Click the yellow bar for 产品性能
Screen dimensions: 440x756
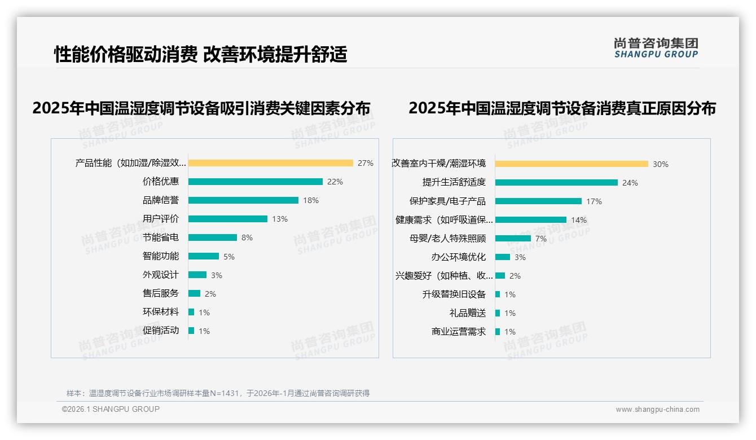(x=270, y=163)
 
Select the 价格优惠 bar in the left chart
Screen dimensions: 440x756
(x=255, y=182)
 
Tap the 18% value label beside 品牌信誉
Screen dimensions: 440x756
(x=311, y=200)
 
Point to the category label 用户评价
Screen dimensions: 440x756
(x=161, y=219)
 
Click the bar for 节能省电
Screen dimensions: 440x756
(x=212, y=237)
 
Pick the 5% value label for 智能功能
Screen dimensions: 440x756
(x=229, y=257)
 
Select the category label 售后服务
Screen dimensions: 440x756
(x=161, y=293)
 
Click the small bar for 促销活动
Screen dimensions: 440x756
(x=191, y=331)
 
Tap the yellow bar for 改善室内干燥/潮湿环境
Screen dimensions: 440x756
(x=572, y=164)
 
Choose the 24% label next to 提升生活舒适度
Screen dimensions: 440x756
(x=630, y=183)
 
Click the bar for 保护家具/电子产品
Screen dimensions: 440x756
(x=538, y=201)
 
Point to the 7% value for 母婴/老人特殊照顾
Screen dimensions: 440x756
(x=541, y=239)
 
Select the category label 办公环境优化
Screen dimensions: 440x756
(x=458, y=257)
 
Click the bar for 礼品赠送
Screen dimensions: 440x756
(x=498, y=313)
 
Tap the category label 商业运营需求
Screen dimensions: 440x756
(x=458, y=332)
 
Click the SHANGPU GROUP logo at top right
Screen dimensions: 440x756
(x=656, y=48)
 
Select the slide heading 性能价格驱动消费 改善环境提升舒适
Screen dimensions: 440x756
(x=200, y=54)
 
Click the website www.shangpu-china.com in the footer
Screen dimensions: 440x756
(x=657, y=410)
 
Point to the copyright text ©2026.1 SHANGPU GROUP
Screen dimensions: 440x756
(x=111, y=409)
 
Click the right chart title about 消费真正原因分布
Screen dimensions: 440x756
(x=562, y=108)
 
